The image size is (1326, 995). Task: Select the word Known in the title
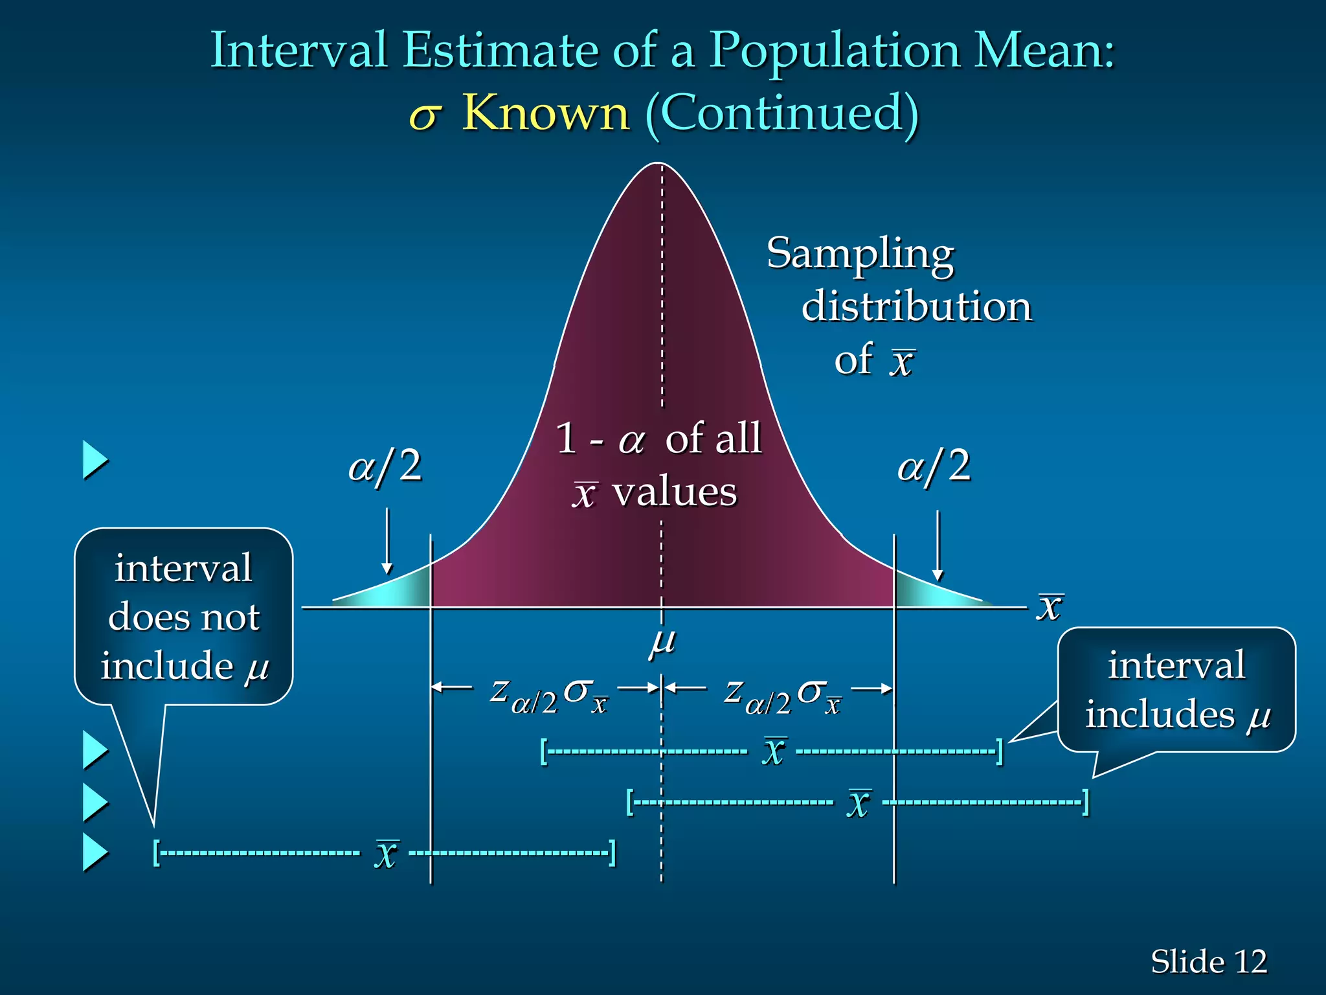(545, 113)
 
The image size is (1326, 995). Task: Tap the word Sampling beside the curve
(860, 255)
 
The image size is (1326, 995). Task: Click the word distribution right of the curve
(916, 306)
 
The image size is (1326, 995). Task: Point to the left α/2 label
(385, 466)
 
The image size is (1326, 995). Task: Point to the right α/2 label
(934, 466)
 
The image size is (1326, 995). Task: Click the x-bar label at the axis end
(1050, 607)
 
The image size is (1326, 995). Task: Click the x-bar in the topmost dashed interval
(774, 751)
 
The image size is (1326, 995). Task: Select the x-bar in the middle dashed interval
(859, 803)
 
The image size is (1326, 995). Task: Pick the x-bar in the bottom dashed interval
(386, 853)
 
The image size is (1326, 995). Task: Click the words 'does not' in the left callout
(184, 617)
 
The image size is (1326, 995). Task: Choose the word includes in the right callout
(1160, 715)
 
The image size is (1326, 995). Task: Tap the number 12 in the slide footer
(1250, 961)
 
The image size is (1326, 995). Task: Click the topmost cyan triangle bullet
(95, 461)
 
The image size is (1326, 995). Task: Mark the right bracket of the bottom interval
(612, 852)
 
